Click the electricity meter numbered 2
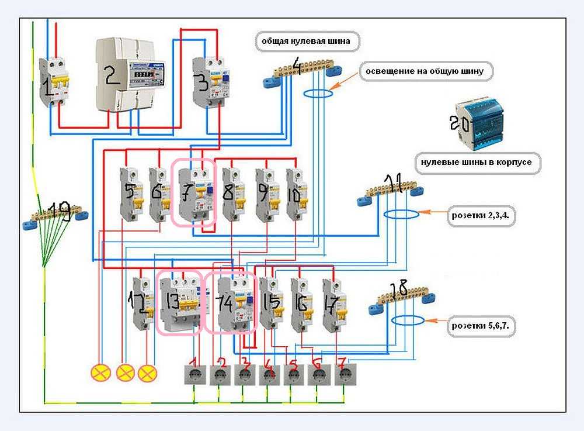pos(130,74)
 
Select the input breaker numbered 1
pos(54,82)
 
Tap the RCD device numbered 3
pos(209,82)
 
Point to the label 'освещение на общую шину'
pos(429,72)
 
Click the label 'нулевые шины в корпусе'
pos(477,162)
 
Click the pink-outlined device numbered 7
pos(194,194)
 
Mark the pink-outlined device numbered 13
pos(179,302)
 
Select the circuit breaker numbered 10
pos(296,194)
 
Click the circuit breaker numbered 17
pos(333,304)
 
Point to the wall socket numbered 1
pos(195,374)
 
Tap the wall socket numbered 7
pos(345,374)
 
